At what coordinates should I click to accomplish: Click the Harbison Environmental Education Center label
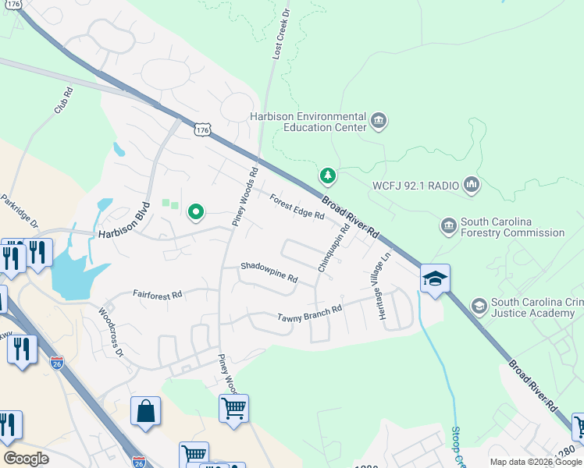(x=308, y=121)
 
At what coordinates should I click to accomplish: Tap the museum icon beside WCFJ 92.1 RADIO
(x=472, y=185)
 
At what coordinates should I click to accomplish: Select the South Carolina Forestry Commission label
(x=511, y=227)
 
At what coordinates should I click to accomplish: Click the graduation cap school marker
(x=435, y=278)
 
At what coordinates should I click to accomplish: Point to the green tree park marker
(x=329, y=175)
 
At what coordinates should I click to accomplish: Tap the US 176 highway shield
(x=203, y=130)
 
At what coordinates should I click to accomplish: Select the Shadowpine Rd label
(x=269, y=272)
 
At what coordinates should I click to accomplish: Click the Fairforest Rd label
(x=157, y=295)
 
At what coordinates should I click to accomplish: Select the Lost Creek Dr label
(x=280, y=33)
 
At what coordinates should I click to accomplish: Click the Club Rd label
(x=63, y=101)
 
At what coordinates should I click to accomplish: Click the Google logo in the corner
(x=26, y=459)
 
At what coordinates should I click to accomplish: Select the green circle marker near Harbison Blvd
(x=195, y=211)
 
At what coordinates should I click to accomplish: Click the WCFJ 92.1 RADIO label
(x=415, y=186)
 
